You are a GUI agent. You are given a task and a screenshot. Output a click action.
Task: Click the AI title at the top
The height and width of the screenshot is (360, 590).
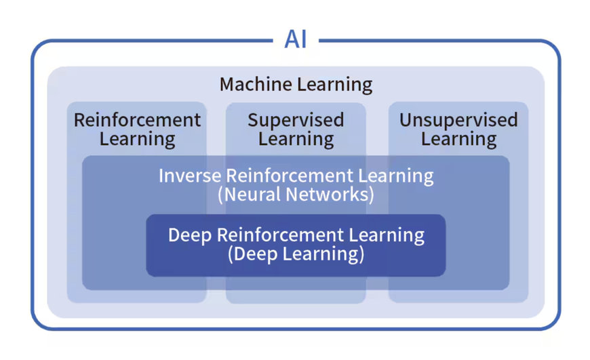pyautogui.click(x=296, y=39)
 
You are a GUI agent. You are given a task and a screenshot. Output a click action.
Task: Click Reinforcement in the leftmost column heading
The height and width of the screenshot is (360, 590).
pyautogui.click(x=137, y=121)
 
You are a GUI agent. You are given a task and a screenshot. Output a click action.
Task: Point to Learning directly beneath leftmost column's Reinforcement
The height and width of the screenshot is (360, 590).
pyautogui.click(x=137, y=140)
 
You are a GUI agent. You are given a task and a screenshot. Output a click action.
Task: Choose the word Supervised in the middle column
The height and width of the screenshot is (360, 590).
pyautogui.click(x=296, y=121)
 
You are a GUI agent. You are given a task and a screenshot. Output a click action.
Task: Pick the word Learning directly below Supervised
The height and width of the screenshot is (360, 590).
pyautogui.click(x=296, y=140)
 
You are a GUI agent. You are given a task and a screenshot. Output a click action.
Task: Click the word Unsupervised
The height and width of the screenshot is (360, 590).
pyautogui.click(x=458, y=121)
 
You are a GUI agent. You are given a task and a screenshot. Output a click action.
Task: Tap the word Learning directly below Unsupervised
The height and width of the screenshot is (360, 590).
pyautogui.click(x=458, y=140)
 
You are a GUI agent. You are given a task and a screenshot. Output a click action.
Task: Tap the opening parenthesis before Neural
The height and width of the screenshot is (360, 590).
pyautogui.click(x=220, y=195)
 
